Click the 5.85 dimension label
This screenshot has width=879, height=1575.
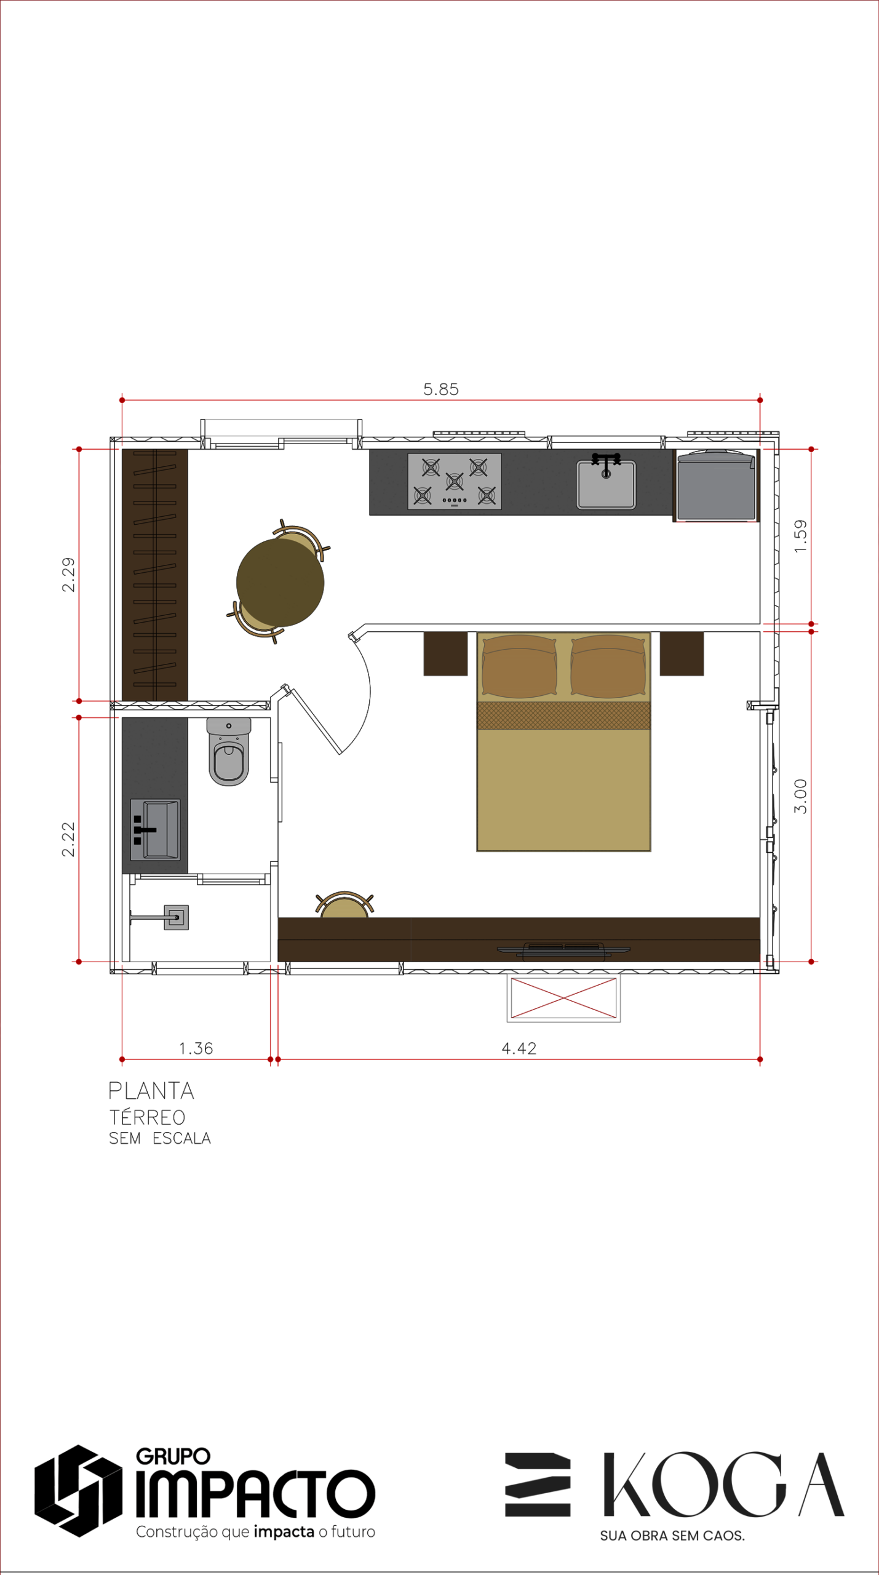click(x=441, y=389)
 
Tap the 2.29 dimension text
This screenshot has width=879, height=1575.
click(x=68, y=575)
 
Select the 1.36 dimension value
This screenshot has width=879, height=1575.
click(x=196, y=1048)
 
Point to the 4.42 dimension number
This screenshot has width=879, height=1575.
click(x=519, y=1048)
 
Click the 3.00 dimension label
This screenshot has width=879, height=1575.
click(x=800, y=796)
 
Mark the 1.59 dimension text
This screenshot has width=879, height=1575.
click(x=800, y=536)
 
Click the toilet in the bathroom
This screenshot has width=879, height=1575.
click(x=229, y=751)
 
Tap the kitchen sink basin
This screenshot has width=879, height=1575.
click(x=606, y=485)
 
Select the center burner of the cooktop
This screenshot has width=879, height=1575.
click(x=455, y=481)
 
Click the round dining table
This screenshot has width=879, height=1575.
click(x=280, y=583)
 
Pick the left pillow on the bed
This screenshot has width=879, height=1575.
click(x=519, y=667)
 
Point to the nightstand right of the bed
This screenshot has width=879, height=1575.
click(x=682, y=653)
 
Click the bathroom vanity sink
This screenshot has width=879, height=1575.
click(x=156, y=829)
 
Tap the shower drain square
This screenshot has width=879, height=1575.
click(x=176, y=917)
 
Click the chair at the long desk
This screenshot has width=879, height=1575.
click(x=344, y=905)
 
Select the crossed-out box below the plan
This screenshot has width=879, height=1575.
click(x=563, y=998)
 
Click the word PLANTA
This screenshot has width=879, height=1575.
click(x=151, y=1091)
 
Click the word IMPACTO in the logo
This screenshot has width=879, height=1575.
click(x=255, y=1494)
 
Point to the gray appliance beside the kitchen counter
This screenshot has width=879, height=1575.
click(x=717, y=485)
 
